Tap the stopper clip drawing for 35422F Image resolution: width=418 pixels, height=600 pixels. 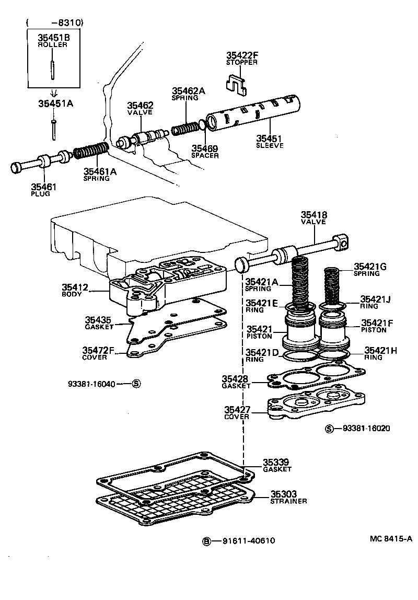tap(238, 84)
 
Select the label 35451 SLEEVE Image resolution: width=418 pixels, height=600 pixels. tap(269, 142)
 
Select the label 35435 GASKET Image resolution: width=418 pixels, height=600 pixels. tap(99, 322)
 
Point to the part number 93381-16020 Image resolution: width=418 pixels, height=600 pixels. tap(366, 429)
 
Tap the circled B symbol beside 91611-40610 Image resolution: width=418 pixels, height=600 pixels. tap(207, 541)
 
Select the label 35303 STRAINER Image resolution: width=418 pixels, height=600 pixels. tap(288, 497)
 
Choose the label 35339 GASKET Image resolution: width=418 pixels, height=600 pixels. tap(277, 466)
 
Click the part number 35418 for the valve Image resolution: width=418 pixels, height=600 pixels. tap(313, 214)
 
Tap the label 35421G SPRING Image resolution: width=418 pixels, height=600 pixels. tap(369, 269)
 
